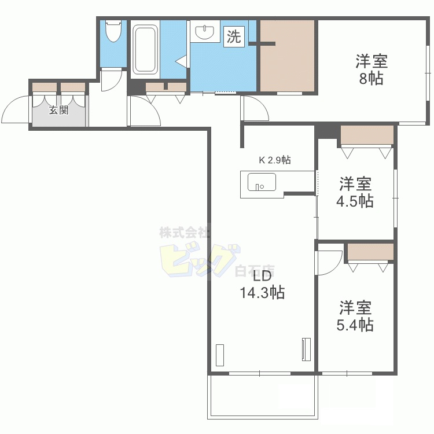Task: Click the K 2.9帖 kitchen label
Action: pos(274,160)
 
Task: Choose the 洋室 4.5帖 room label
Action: pos(355,193)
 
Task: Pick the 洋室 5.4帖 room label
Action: pos(355,316)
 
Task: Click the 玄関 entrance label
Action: pos(58,110)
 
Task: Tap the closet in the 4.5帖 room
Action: pos(367,135)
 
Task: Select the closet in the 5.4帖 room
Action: pos(370,252)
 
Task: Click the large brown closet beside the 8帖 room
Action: pos(287,56)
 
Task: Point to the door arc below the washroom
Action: pos(255,109)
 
